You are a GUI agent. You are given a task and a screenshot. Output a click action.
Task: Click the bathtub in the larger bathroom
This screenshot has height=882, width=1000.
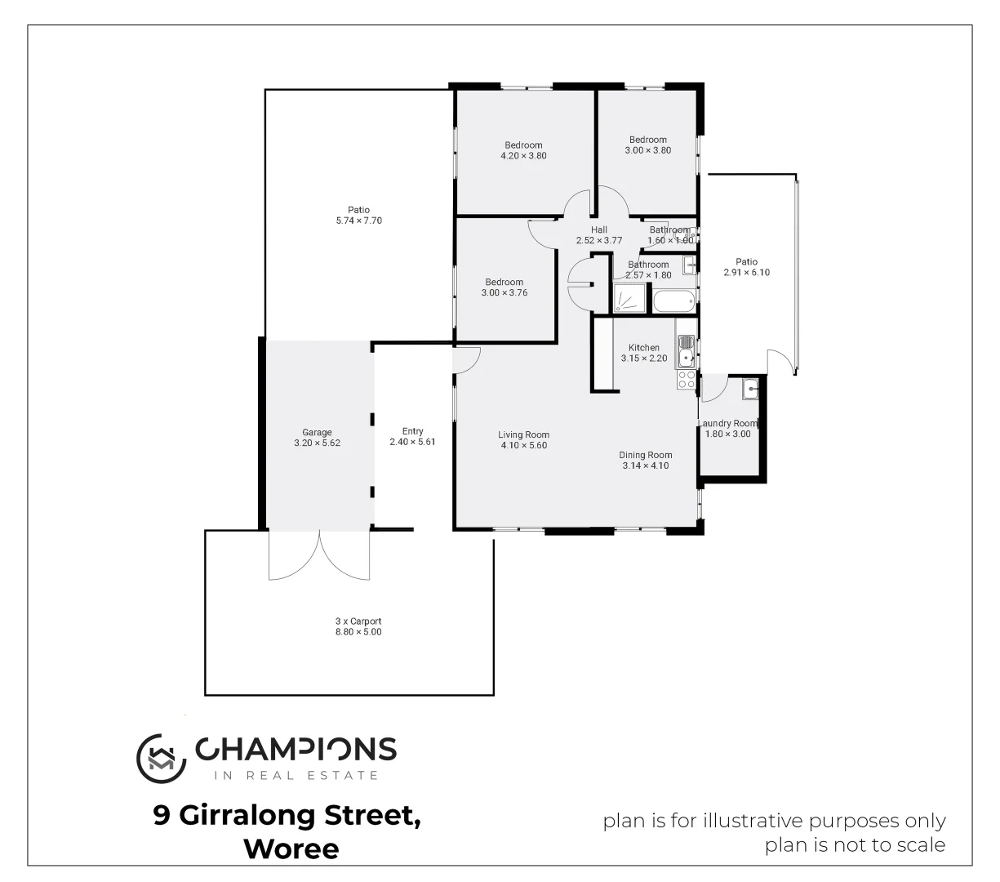(674, 301)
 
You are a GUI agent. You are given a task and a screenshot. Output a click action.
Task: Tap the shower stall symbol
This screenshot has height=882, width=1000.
(629, 299)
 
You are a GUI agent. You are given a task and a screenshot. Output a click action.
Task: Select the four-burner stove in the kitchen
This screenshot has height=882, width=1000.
(686, 380)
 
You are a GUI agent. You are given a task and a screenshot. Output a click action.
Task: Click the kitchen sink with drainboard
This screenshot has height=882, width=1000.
(686, 350)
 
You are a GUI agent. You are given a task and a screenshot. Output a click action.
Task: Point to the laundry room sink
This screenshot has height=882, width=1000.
(750, 390)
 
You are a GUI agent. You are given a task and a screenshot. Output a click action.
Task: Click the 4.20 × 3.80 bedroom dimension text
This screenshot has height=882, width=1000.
(523, 155)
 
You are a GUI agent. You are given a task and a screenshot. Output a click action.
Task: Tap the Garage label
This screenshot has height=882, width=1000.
(317, 433)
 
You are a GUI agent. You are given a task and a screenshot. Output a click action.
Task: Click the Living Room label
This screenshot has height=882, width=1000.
(523, 434)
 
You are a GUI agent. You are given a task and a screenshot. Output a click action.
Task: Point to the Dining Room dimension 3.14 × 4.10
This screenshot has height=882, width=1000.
(645, 465)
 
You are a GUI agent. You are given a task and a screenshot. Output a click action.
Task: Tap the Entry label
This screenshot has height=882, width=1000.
(412, 431)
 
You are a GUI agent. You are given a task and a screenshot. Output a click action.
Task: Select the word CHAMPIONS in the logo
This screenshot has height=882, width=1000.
(295, 749)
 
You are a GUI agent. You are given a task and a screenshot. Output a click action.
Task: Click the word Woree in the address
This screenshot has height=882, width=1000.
(291, 849)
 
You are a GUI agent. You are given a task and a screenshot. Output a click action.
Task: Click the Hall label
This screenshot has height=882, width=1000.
(599, 230)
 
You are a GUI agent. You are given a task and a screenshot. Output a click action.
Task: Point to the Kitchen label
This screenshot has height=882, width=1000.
(643, 348)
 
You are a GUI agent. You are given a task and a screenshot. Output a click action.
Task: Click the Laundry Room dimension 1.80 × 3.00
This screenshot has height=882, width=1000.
(727, 434)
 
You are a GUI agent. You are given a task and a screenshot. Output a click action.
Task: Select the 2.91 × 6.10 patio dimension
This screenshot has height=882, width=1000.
(746, 273)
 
